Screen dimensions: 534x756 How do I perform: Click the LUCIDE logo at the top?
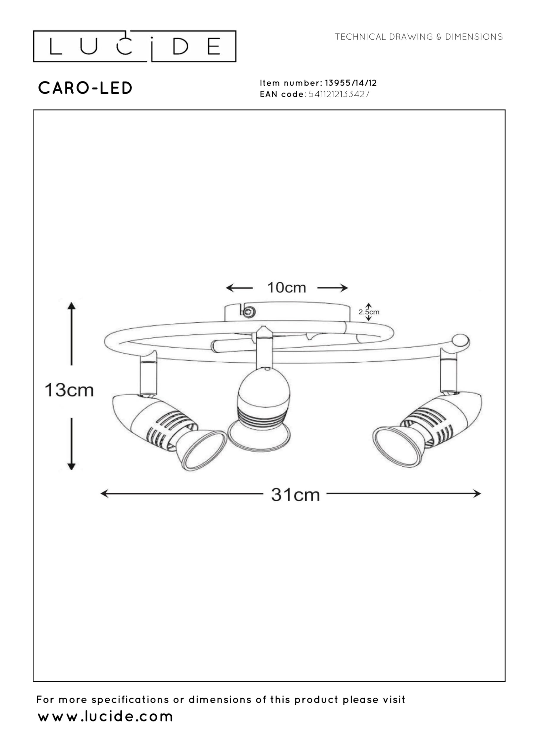[x=134, y=46]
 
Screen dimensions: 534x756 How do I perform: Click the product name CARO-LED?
[x=85, y=88]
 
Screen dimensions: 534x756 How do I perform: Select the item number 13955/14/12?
[x=351, y=83]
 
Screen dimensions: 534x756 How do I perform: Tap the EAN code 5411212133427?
[x=339, y=94]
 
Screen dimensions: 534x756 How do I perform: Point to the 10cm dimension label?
[x=286, y=288]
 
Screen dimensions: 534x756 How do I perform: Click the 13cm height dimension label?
[x=69, y=390]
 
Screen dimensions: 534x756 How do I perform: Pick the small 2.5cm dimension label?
[x=369, y=312]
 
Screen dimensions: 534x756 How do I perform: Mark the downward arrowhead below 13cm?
[x=71, y=466]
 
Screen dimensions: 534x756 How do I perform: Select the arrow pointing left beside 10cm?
[x=239, y=288]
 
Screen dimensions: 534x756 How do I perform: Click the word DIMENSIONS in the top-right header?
[x=474, y=37]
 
